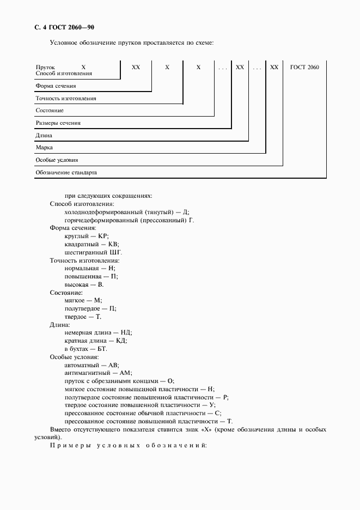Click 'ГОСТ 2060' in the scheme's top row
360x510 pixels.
tap(305, 67)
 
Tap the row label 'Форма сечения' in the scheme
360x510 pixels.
tap(56, 86)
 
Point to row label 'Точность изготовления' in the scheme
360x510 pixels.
tap(66, 99)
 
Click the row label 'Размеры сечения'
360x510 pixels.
tap(58, 123)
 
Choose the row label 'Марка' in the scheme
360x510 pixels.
tap(44, 148)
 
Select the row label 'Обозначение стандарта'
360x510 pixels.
tap(66, 172)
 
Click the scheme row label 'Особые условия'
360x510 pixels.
tap(57, 160)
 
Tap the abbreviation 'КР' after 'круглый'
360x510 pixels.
tap(103, 236)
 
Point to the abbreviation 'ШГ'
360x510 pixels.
tap(116, 252)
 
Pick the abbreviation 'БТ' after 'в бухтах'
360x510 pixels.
tap(102, 348)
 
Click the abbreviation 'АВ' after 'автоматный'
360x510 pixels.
tap(113, 365)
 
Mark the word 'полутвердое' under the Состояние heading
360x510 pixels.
tap(82, 308)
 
